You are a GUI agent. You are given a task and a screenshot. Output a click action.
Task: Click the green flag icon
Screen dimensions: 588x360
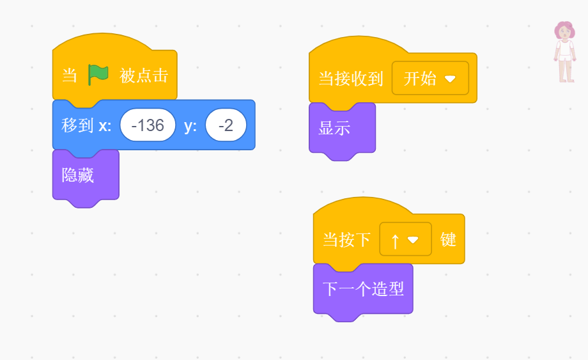click(x=98, y=75)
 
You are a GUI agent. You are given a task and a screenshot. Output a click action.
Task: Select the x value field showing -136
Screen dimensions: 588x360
click(x=148, y=125)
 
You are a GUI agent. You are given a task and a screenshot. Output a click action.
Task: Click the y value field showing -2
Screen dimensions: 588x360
click(x=226, y=125)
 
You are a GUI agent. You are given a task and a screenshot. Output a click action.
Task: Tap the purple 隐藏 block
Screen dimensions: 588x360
click(x=79, y=175)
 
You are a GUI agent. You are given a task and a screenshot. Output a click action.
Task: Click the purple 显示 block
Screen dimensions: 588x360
click(x=335, y=128)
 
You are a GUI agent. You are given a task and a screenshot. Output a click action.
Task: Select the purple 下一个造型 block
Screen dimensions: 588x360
click(x=363, y=289)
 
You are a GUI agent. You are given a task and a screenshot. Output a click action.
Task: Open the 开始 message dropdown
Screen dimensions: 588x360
click(x=430, y=79)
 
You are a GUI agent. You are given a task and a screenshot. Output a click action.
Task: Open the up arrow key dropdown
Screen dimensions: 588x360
click(x=405, y=240)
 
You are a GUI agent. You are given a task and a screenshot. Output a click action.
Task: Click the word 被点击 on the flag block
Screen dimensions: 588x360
click(x=144, y=75)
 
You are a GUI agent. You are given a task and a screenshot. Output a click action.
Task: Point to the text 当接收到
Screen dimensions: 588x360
click(x=350, y=79)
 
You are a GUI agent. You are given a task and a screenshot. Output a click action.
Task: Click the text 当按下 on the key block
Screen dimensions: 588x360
click(x=346, y=240)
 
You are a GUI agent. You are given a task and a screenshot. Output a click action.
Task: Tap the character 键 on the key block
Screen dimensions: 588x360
click(x=448, y=240)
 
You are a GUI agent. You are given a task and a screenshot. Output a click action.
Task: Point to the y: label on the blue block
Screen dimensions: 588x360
click(x=190, y=125)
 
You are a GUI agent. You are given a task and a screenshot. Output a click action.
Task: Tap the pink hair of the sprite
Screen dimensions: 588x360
click(x=564, y=29)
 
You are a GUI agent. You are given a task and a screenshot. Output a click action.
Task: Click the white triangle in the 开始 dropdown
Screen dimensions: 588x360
click(x=450, y=79)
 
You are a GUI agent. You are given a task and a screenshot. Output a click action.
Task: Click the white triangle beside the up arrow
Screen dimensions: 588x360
click(x=413, y=240)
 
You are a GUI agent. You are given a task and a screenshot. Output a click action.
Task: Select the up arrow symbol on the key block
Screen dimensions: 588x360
click(x=395, y=240)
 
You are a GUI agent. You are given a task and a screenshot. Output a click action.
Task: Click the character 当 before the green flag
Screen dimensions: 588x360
click(x=69, y=75)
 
